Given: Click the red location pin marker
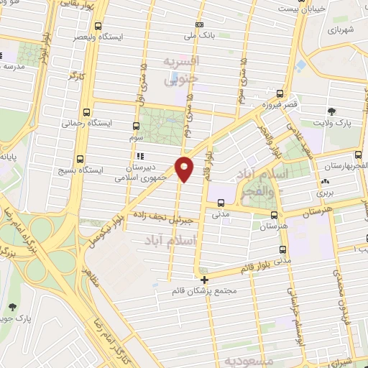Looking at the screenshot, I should click(185, 169).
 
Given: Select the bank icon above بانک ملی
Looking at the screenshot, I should click(199, 24).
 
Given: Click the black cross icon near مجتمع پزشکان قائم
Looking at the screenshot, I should click(205, 280).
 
